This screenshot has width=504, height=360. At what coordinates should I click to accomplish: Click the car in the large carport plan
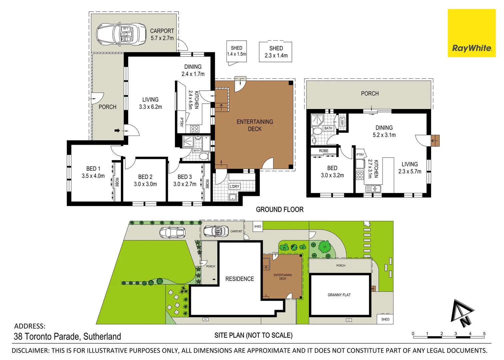[121, 34]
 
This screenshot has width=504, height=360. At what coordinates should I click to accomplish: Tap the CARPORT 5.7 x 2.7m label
[162, 34]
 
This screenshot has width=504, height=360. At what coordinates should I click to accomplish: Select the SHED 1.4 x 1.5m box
[237, 51]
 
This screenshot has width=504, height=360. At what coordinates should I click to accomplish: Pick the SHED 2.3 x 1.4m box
[276, 52]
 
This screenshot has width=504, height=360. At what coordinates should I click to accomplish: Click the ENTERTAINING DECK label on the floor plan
[255, 125]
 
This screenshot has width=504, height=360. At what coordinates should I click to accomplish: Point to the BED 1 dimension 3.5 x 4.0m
[93, 176]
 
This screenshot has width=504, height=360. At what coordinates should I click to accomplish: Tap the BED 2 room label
[145, 177]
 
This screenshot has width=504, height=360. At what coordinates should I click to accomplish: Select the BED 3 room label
[185, 177]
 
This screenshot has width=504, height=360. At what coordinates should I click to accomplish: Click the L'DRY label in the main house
[234, 186]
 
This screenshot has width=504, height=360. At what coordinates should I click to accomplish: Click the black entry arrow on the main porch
[117, 130]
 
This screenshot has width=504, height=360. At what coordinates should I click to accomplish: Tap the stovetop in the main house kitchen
[195, 129]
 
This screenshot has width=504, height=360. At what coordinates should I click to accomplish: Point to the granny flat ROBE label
[323, 151]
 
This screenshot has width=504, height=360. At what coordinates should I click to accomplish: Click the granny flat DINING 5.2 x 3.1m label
[384, 131]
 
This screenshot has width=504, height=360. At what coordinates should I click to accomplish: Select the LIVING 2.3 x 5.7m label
[410, 168]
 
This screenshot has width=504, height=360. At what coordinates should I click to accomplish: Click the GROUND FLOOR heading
[279, 210]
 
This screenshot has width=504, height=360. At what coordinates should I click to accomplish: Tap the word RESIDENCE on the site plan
[240, 279]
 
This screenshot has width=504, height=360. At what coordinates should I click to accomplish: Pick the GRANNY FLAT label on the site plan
[339, 295]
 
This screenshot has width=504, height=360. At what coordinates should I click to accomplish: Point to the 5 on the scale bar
[484, 334]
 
